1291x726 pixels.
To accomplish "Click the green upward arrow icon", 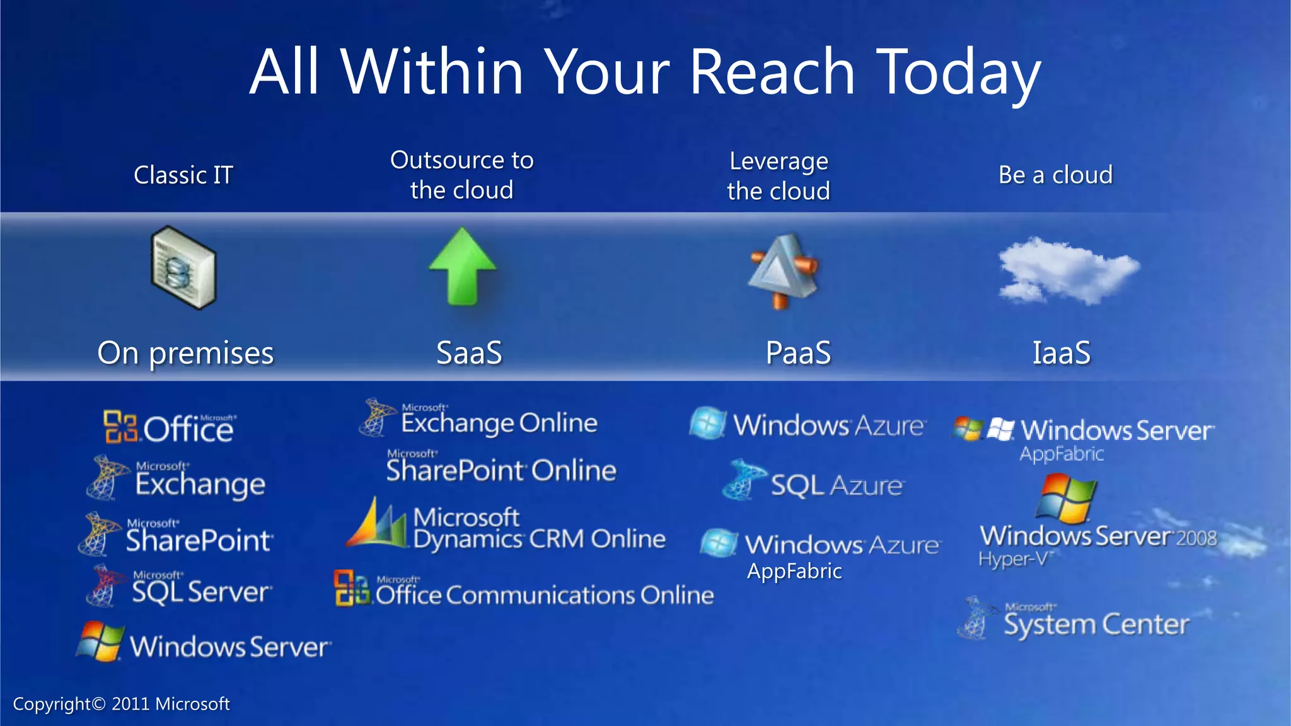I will click(x=463, y=266).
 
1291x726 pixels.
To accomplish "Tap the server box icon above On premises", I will click(x=183, y=267).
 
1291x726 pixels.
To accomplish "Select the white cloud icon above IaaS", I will click(x=1067, y=270).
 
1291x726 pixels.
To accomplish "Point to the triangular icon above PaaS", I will click(x=782, y=271).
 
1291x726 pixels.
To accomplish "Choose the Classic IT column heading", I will click(x=183, y=175).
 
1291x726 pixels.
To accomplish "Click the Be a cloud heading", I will click(x=1055, y=175).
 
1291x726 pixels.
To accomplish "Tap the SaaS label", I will click(x=469, y=352).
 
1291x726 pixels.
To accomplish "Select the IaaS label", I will click(x=1061, y=352).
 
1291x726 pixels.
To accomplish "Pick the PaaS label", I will click(x=798, y=352).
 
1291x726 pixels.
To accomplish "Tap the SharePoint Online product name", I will click(x=501, y=470).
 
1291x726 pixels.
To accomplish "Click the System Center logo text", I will click(x=1096, y=624).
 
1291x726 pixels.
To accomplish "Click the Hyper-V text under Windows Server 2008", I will click(x=1014, y=559).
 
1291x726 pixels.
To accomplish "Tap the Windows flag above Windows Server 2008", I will click(x=1066, y=498).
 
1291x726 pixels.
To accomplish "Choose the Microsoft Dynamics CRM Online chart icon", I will click(x=377, y=524).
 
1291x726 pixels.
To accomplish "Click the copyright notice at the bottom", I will click(x=121, y=704).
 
